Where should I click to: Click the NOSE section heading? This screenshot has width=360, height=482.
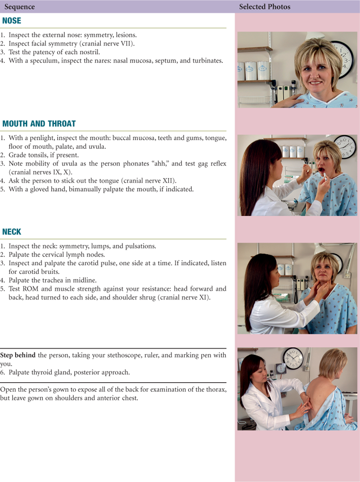(12, 21)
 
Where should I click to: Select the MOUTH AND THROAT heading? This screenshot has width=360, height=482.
(39, 124)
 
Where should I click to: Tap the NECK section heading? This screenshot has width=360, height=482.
(12, 232)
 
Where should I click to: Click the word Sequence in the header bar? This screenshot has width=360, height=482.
(19, 7)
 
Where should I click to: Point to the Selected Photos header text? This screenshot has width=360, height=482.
(265, 6)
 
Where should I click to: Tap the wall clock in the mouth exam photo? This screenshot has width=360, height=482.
(345, 147)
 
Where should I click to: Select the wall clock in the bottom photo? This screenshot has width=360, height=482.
(292, 358)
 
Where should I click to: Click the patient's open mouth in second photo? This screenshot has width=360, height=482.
(320, 170)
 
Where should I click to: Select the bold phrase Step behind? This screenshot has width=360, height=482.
(18, 355)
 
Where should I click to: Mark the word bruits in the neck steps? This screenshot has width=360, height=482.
(51, 272)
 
